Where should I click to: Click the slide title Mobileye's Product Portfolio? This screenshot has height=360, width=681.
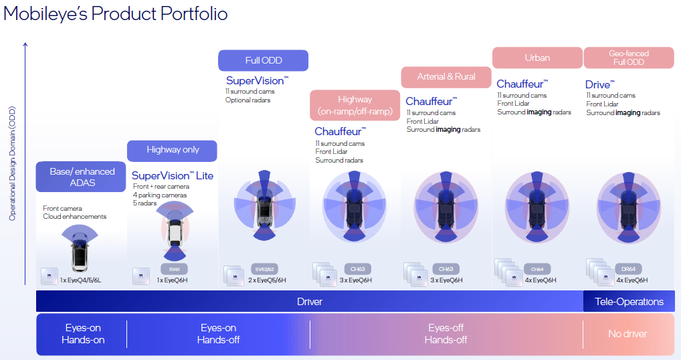[115, 13]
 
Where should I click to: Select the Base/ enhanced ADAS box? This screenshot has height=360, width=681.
[82, 177]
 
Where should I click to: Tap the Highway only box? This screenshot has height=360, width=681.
[173, 151]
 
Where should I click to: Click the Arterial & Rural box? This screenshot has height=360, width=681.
[446, 77]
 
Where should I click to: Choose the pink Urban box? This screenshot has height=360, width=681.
[537, 58]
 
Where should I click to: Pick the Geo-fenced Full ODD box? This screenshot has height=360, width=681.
[628, 58]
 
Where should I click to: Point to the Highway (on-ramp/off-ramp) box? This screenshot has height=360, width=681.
[355, 105]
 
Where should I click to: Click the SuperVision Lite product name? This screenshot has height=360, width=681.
[173, 175]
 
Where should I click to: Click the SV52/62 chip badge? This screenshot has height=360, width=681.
[266, 268]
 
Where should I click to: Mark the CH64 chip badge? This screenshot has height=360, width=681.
[537, 268]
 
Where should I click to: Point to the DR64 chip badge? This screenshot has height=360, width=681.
[628, 268]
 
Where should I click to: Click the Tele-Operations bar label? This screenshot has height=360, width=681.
[629, 301]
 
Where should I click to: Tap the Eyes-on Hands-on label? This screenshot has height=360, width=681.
[83, 333]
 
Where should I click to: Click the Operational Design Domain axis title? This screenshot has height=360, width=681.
[12, 163]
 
